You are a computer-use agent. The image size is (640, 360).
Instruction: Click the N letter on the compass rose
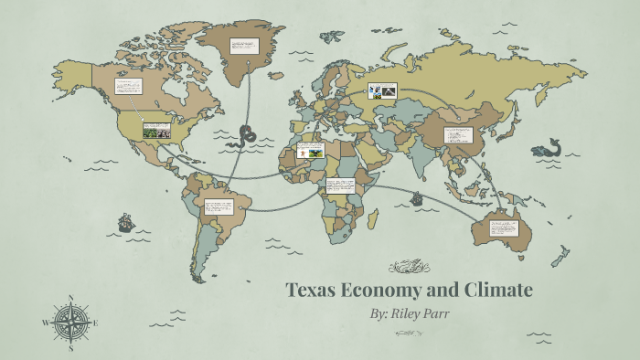71,298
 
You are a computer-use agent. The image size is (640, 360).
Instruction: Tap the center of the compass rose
70,322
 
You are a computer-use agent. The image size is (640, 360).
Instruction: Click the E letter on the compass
95,322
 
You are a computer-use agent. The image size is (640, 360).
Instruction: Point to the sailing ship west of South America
125,221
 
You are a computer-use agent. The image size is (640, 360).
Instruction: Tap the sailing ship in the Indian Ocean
417,197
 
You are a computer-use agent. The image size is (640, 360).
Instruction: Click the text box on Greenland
244,46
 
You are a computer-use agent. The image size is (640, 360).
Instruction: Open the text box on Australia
504,227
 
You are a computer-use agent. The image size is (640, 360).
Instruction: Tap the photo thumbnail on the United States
156,129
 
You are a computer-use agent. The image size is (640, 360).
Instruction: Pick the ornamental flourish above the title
408,267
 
